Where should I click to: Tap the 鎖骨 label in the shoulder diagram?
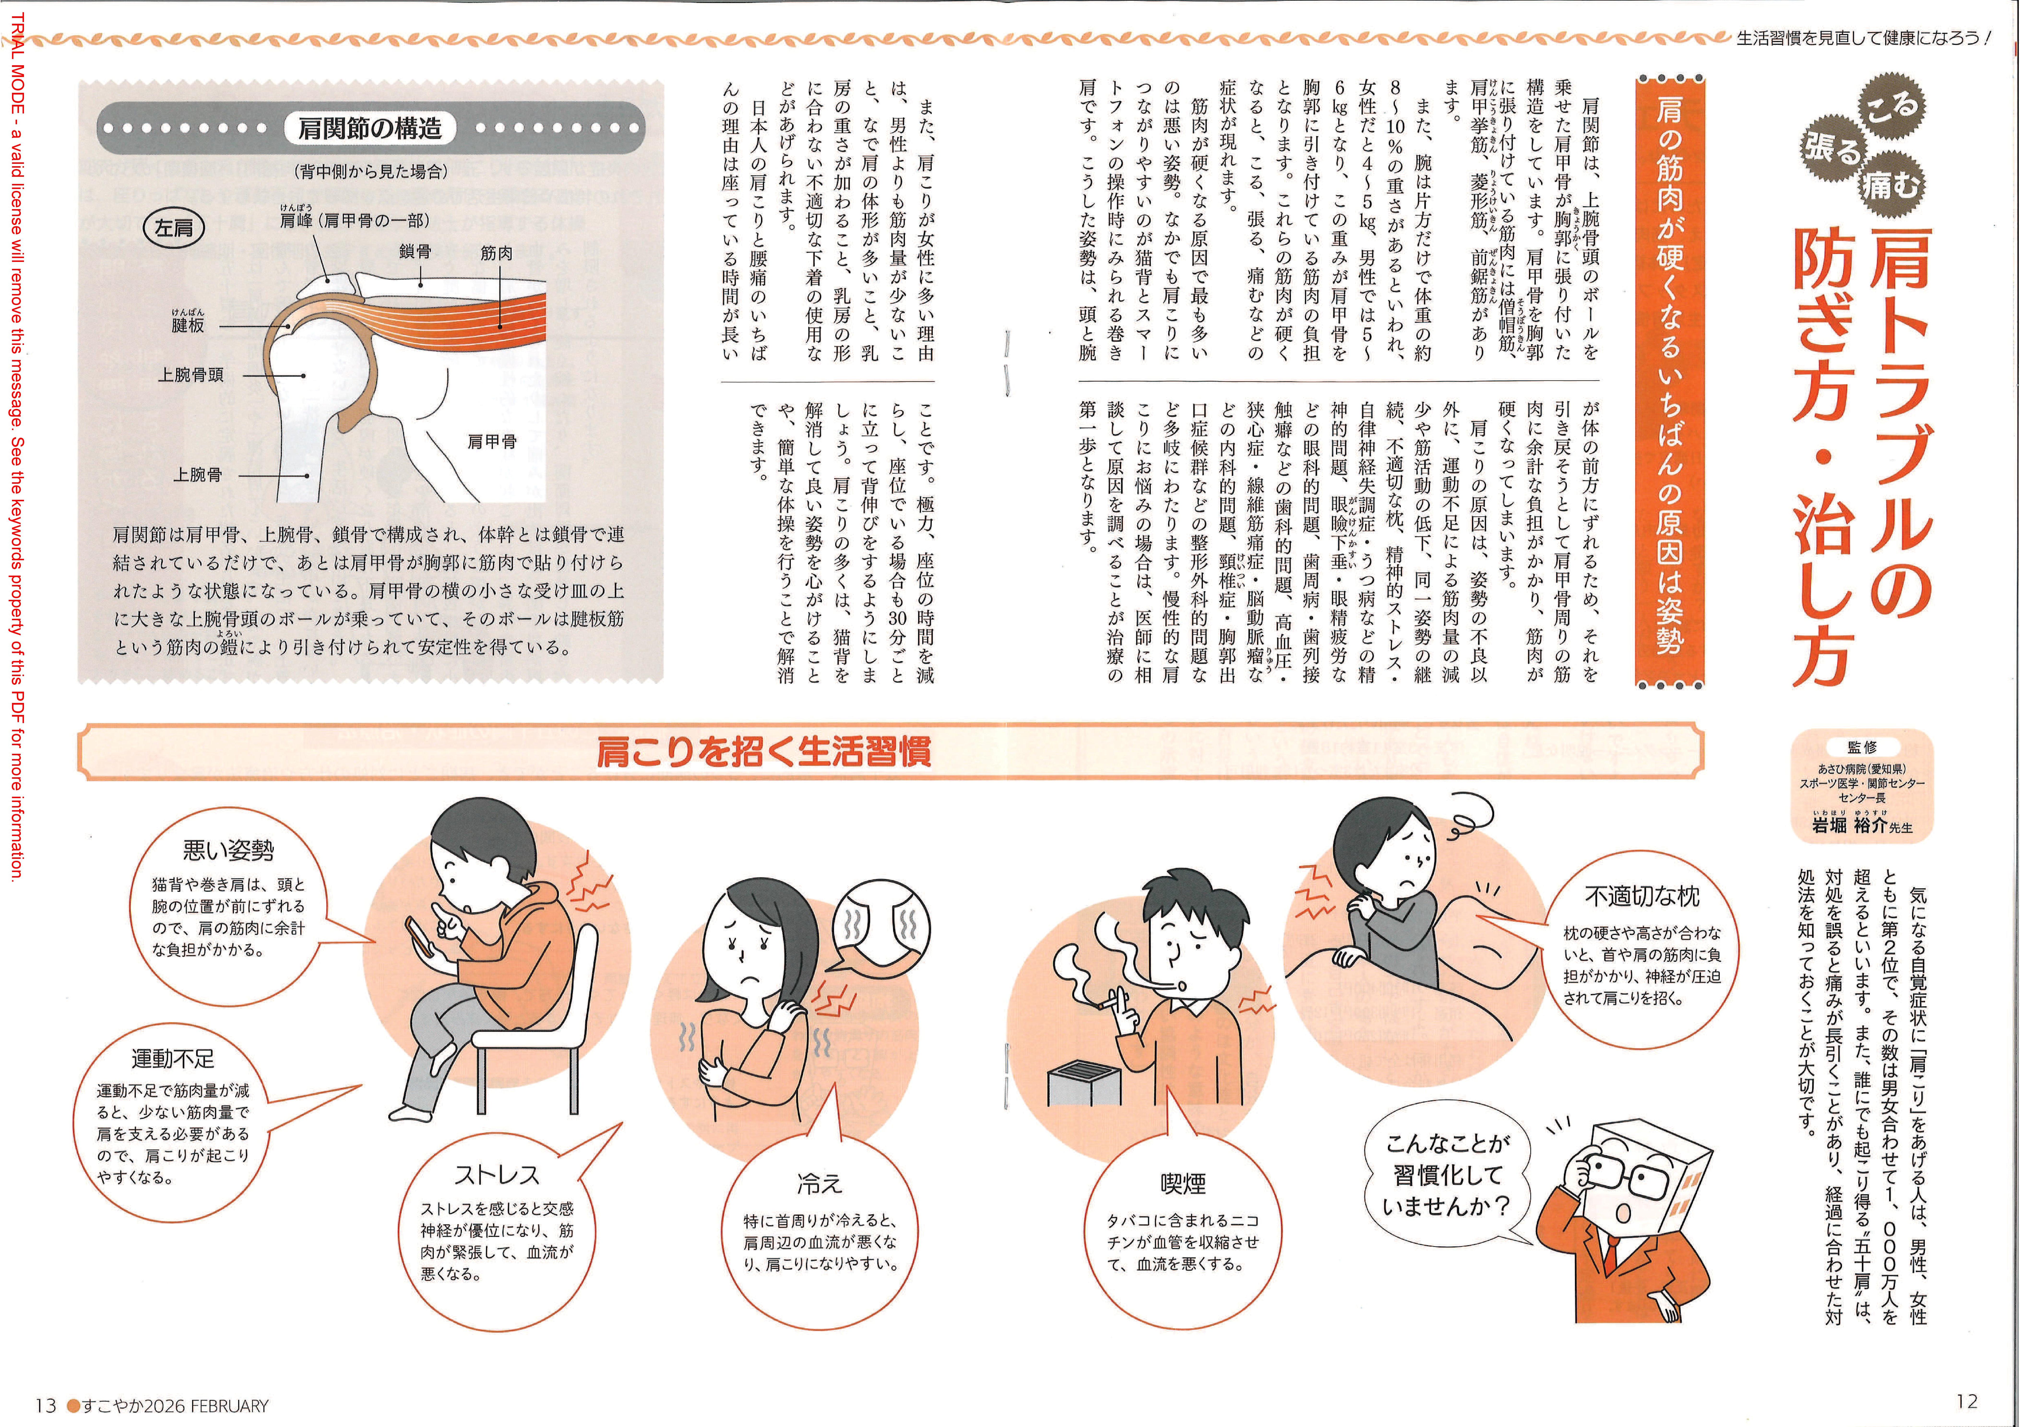pos(415,252)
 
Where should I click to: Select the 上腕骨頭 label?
pos(191,375)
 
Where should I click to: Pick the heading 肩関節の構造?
pos(369,129)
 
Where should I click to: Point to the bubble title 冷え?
pos(819,1184)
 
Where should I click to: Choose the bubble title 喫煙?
pos(1183,1184)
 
